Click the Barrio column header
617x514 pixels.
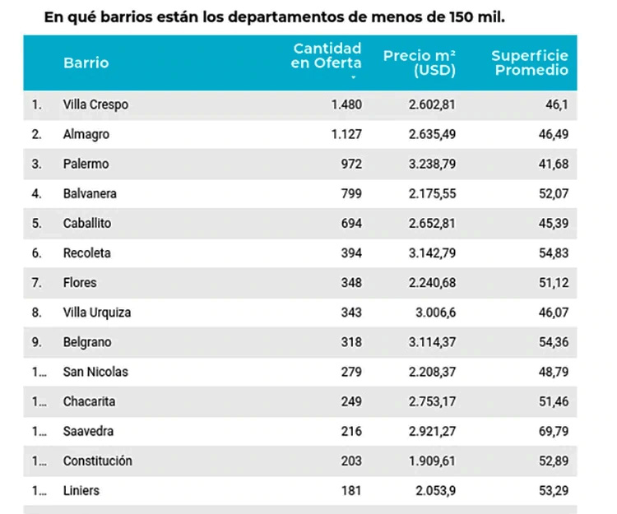coord(86,63)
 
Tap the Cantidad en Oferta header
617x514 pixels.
coord(327,56)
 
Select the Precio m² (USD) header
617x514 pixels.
coord(420,63)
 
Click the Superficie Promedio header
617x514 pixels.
coord(530,63)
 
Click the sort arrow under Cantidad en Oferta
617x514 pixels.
coord(353,77)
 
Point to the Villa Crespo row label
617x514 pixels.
coord(95,104)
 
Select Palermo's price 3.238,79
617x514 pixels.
coord(431,164)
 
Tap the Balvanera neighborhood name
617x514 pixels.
coord(90,193)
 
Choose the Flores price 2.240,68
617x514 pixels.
coord(431,282)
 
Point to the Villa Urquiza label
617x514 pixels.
coord(96,313)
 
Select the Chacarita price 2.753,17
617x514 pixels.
coord(431,401)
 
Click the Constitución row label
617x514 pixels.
coord(97,461)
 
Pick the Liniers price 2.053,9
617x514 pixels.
coord(434,490)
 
